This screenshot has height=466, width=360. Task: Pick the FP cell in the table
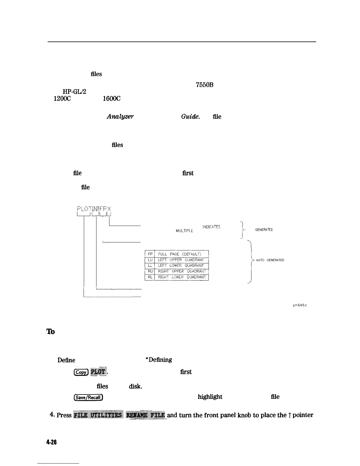coord(150,254)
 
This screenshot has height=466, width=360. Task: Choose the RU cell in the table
coord(150,271)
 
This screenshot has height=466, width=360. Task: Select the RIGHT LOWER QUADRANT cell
coord(182,277)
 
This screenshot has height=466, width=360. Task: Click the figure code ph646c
coord(300,305)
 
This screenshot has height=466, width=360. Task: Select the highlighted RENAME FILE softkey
coord(146,415)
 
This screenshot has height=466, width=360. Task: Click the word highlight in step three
coord(210,397)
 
